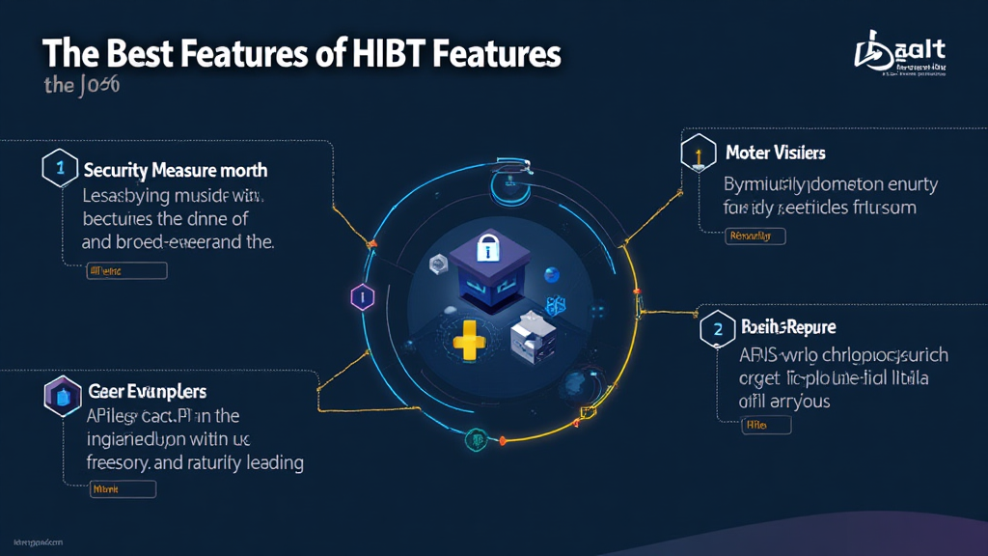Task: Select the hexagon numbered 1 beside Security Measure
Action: coord(59,168)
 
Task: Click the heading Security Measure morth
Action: coord(175,170)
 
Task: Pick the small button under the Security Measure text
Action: coord(126,271)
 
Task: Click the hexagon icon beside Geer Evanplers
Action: coord(59,394)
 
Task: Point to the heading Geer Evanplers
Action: coord(148,392)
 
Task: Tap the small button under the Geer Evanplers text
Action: coord(122,490)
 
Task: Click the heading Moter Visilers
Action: coord(775,153)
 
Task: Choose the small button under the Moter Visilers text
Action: coord(755,236)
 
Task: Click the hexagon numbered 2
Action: coord(716,328)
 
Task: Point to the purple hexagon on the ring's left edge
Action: coord(362,297)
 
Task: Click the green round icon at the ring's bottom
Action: coord(476,439)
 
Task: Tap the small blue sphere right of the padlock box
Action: coord(552,273)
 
